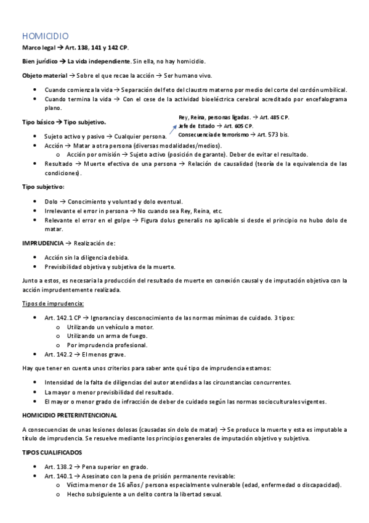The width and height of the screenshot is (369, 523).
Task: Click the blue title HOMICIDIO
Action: (45, 36)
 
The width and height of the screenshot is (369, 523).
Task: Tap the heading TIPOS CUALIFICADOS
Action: (51, 453)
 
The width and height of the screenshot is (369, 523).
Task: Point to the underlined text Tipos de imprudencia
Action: (52, 304)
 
